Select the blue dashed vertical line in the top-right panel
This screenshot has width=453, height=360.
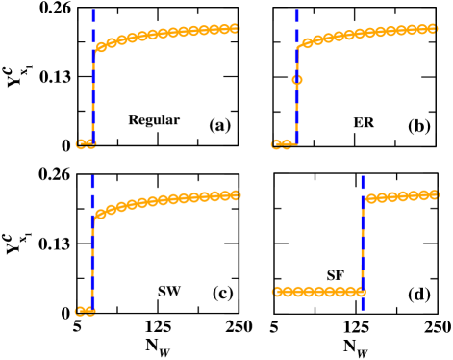coord(296,106)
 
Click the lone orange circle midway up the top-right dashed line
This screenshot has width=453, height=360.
coord(297,80)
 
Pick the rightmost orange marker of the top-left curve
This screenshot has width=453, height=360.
coord(234,28)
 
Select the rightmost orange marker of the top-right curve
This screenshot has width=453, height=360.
coord(432,28)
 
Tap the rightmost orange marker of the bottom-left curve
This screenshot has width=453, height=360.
coord(234,194)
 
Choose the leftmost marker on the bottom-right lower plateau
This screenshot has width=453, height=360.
coord(278,292)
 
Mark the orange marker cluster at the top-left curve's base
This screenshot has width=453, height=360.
coord(86,144)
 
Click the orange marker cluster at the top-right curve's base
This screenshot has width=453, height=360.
coord(284,144)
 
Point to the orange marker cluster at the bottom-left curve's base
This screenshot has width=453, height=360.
coord(85,311)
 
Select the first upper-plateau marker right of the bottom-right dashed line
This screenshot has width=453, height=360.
coord(370,199)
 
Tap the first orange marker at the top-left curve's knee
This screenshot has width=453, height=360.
coord(101,46)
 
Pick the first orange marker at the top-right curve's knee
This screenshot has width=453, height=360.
coord(307,42)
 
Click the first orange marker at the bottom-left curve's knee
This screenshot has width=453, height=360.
coord(101,214)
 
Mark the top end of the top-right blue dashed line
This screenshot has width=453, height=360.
coord(296,11)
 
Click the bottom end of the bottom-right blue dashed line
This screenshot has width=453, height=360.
coord(363,309)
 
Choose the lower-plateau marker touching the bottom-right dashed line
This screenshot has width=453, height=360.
coord(360,292)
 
